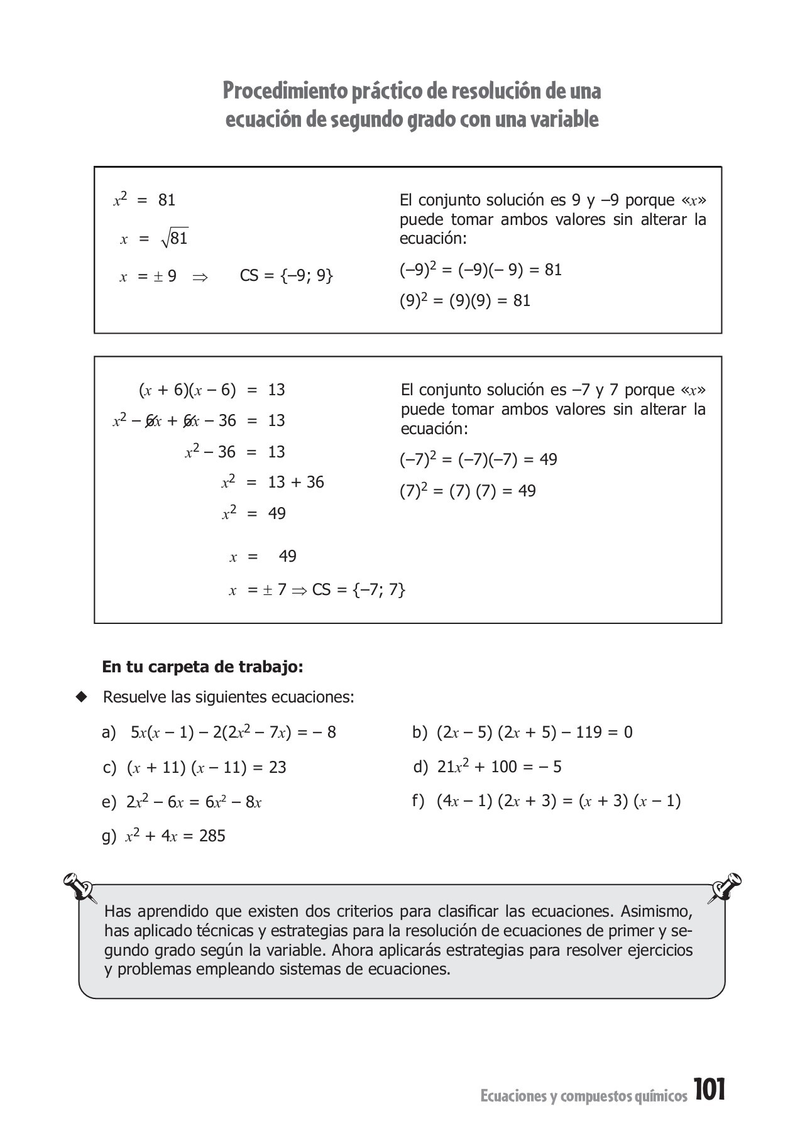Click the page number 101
[710, 1090]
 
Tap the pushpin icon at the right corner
[726, 887]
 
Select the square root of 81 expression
[174, 238]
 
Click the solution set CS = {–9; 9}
[286, 276]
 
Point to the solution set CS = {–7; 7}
[358, 590]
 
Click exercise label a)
[109, 733]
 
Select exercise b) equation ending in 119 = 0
[534, 733]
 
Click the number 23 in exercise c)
[277, 767]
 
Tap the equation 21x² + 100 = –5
[499, 767]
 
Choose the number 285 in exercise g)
[212, 836]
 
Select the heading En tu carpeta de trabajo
[202, 667]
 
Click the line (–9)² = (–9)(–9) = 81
[480, 270]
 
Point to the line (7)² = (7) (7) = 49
[468, 491]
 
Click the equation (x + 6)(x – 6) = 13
[211, 390]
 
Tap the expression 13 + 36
[296, 483]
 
